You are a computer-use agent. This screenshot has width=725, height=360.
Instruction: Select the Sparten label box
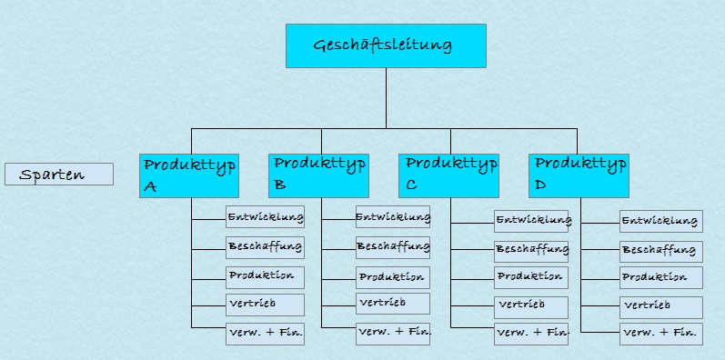(59, 174)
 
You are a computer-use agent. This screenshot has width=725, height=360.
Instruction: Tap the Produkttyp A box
(189, 175)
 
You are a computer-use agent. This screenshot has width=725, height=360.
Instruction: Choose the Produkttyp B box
(319, 175)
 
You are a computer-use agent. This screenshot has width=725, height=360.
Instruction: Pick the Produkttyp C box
(448, 175)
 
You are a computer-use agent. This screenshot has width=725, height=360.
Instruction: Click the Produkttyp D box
(579, 175)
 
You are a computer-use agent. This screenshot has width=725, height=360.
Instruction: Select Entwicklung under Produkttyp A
(265, 216)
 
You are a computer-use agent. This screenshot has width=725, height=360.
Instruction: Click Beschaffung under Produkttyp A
(265, 246)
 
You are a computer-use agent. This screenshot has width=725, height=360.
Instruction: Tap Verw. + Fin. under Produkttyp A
(265, 333)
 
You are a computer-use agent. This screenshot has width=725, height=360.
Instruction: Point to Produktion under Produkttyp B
(392, 276)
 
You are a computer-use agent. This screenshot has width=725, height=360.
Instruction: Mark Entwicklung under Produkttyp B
(392, 216)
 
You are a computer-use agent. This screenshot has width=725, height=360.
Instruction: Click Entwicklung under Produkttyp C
(532, 221)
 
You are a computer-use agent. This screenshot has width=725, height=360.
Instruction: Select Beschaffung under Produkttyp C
(532, 248)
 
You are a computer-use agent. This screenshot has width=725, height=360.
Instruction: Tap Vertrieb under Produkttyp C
(531, 306)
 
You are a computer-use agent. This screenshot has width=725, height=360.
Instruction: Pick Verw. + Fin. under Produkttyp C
(532, 334)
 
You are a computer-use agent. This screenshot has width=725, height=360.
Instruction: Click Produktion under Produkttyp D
(660, 277)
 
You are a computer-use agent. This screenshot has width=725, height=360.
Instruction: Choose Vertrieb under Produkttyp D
(660, 306)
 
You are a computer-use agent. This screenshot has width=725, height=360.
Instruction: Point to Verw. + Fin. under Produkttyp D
(660, 334)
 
